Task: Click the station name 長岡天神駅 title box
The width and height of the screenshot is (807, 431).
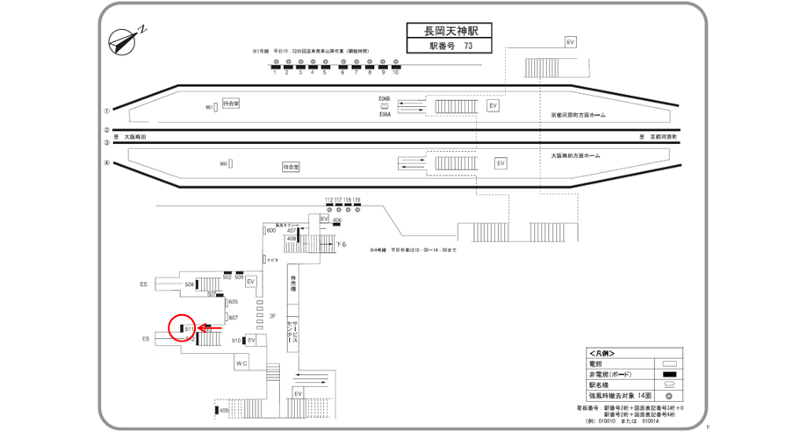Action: [448, 32]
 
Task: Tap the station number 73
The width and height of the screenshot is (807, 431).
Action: [467, 47]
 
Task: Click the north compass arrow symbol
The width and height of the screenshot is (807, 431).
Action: [126, 40]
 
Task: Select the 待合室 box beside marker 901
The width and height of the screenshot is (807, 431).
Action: [232, 104]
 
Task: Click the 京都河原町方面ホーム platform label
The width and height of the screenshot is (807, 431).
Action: [577, 114]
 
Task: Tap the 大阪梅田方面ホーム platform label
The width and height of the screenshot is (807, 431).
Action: [575, 155]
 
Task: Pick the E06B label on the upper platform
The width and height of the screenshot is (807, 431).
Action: [384, 99]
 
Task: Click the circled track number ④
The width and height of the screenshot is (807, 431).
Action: [107, 163]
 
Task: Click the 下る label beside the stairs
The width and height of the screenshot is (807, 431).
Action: [342, 243]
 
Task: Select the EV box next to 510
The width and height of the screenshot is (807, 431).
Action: [251, 340]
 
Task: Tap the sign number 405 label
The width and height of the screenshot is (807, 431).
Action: [224, 410]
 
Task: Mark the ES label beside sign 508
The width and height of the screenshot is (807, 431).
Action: [144, 284]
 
